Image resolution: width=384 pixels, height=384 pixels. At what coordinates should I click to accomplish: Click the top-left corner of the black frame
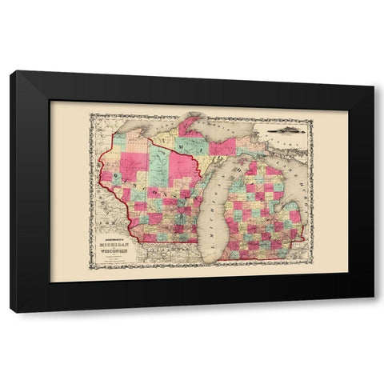11,73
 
